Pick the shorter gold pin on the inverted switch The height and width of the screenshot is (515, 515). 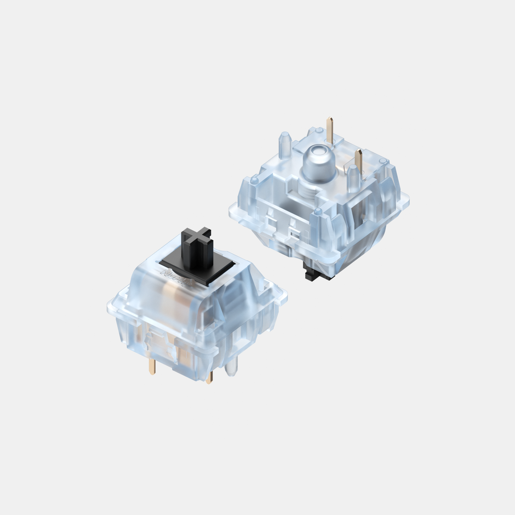tap(359, 160)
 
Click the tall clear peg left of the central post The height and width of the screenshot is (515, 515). tap(284, 144)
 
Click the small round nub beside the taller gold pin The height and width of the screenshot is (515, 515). tap(319, 130)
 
